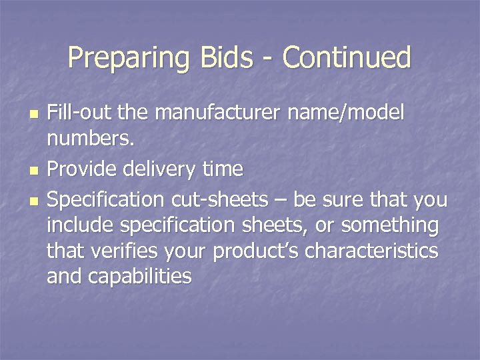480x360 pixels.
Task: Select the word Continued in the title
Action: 347,58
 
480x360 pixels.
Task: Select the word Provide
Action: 85,169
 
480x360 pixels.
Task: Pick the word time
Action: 222,169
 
